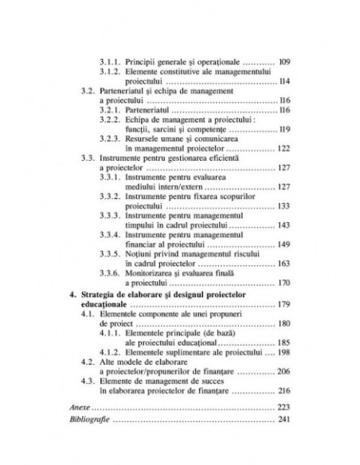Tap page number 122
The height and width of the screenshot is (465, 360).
(284, 149)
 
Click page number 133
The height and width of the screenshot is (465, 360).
(284, 203)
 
